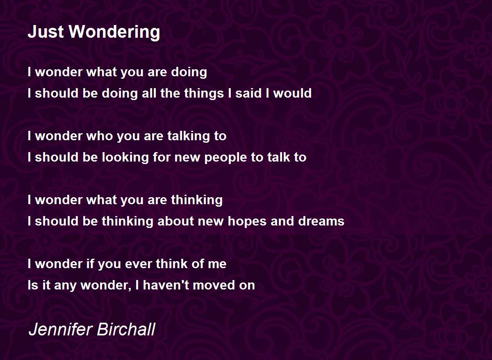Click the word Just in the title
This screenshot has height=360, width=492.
click(x=46, y=32)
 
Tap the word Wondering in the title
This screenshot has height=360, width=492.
click(x=114, y=33)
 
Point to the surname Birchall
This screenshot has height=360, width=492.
click(x=126, y=329)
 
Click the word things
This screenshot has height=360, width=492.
click(x=204, y=93)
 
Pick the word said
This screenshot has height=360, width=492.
click(x=248, y=93)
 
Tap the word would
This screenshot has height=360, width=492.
click(x=292, y=93)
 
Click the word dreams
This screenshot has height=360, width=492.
click(x=321, y=221)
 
